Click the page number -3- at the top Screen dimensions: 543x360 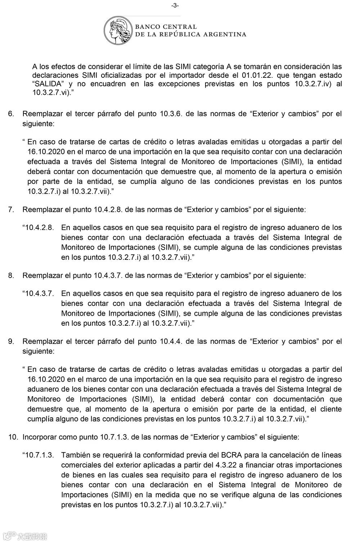(175, 5)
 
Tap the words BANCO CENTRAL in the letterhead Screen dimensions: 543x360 (166, 27)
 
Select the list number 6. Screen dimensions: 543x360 (11, 114)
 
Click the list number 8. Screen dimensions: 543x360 (11, 276)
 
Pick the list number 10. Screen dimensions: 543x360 (13, 437)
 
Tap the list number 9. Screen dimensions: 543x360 (11, 341)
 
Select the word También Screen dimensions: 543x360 (75, 455)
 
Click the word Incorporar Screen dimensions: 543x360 (40, 437)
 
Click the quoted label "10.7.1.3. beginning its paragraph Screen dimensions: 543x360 (38, 455)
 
